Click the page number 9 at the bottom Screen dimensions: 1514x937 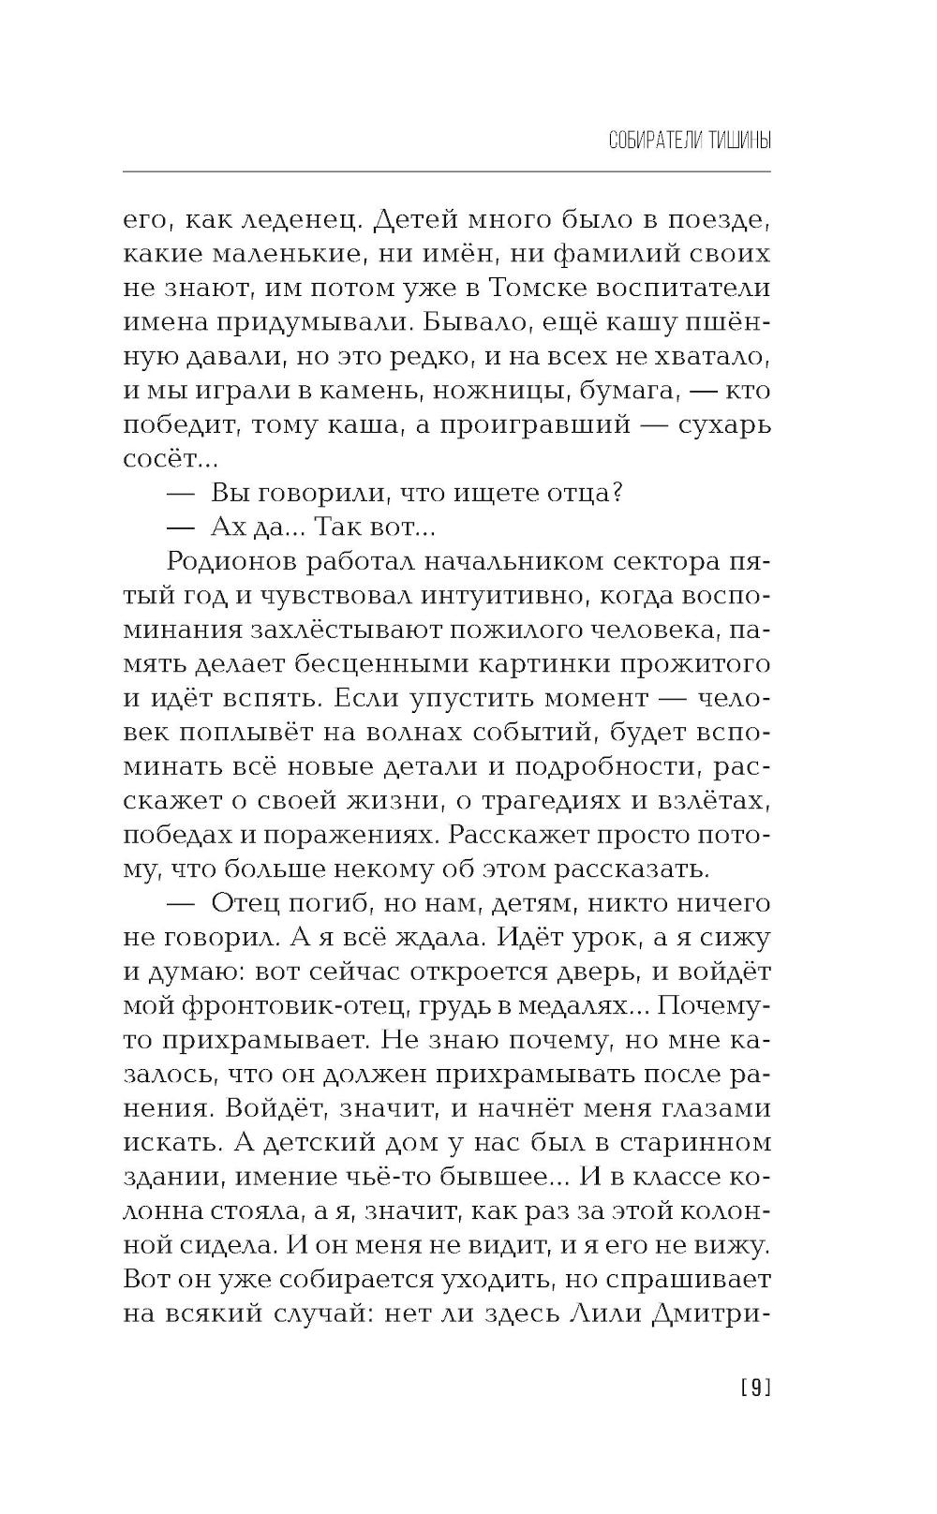click(x=755, y=1388)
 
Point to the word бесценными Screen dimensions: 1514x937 click(x=363, y=665)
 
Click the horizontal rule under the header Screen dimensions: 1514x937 click(x=446, y=171)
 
